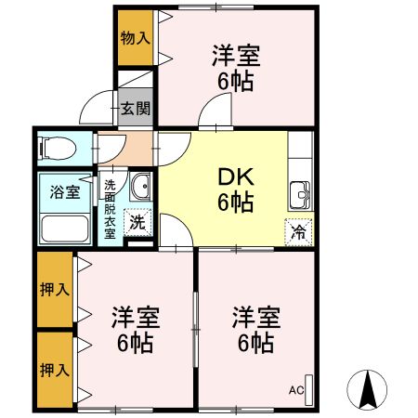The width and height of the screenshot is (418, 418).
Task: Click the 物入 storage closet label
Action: coord(135,38)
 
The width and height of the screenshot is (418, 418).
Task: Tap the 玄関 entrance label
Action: coord(135,108)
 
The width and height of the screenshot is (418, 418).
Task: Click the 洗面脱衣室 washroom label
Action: coord(110,209)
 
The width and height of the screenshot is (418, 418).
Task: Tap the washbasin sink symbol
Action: coord(140,188)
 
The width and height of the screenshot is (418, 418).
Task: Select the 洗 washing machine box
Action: coord(137,223)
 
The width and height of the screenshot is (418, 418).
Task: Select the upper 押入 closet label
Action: coord(55,290)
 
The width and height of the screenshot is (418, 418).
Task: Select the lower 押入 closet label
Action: coord(55,370)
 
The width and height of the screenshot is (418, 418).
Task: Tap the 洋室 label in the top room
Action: coord(235,56)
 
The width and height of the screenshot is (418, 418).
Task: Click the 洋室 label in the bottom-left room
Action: coord(137,317)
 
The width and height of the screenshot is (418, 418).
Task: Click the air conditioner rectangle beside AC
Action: coord(310,387)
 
